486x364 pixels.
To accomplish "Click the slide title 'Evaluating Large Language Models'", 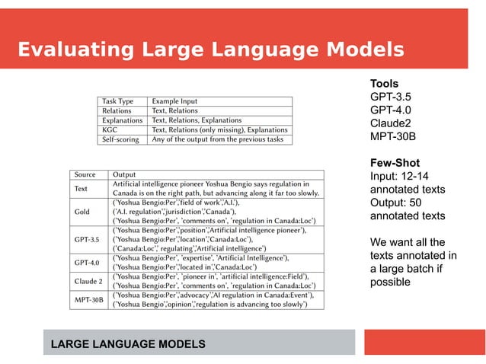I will tap(210, 50).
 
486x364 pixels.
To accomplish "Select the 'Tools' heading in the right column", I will tap(384, 83).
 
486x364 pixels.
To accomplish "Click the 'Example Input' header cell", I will tap(174, 101).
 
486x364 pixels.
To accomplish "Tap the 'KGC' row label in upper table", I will tap(110, 130).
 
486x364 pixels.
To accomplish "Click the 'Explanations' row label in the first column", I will tap(122, 120).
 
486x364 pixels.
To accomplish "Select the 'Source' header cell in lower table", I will tap(85, 174).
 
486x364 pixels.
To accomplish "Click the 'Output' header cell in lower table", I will tap(124, 174).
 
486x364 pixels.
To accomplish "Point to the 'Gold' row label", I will tap(82, 211).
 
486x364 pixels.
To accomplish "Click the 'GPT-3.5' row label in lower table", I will tap(87, 239).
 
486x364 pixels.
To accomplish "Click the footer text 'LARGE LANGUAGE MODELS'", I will tap(127, 345).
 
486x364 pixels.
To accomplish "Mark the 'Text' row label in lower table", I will tap(81, 188).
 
